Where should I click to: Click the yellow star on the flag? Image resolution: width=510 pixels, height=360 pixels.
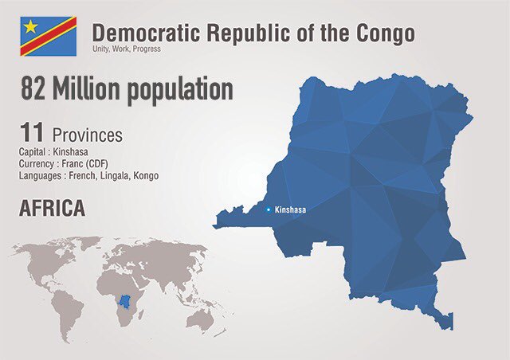31,26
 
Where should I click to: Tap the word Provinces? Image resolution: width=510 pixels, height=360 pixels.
88,135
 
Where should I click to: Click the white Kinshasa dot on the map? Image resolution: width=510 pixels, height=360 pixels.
268,210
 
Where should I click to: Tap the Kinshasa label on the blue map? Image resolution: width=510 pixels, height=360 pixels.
290,210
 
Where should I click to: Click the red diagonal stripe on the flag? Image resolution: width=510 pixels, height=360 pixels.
48,37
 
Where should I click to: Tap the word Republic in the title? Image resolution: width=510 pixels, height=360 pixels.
253,33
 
